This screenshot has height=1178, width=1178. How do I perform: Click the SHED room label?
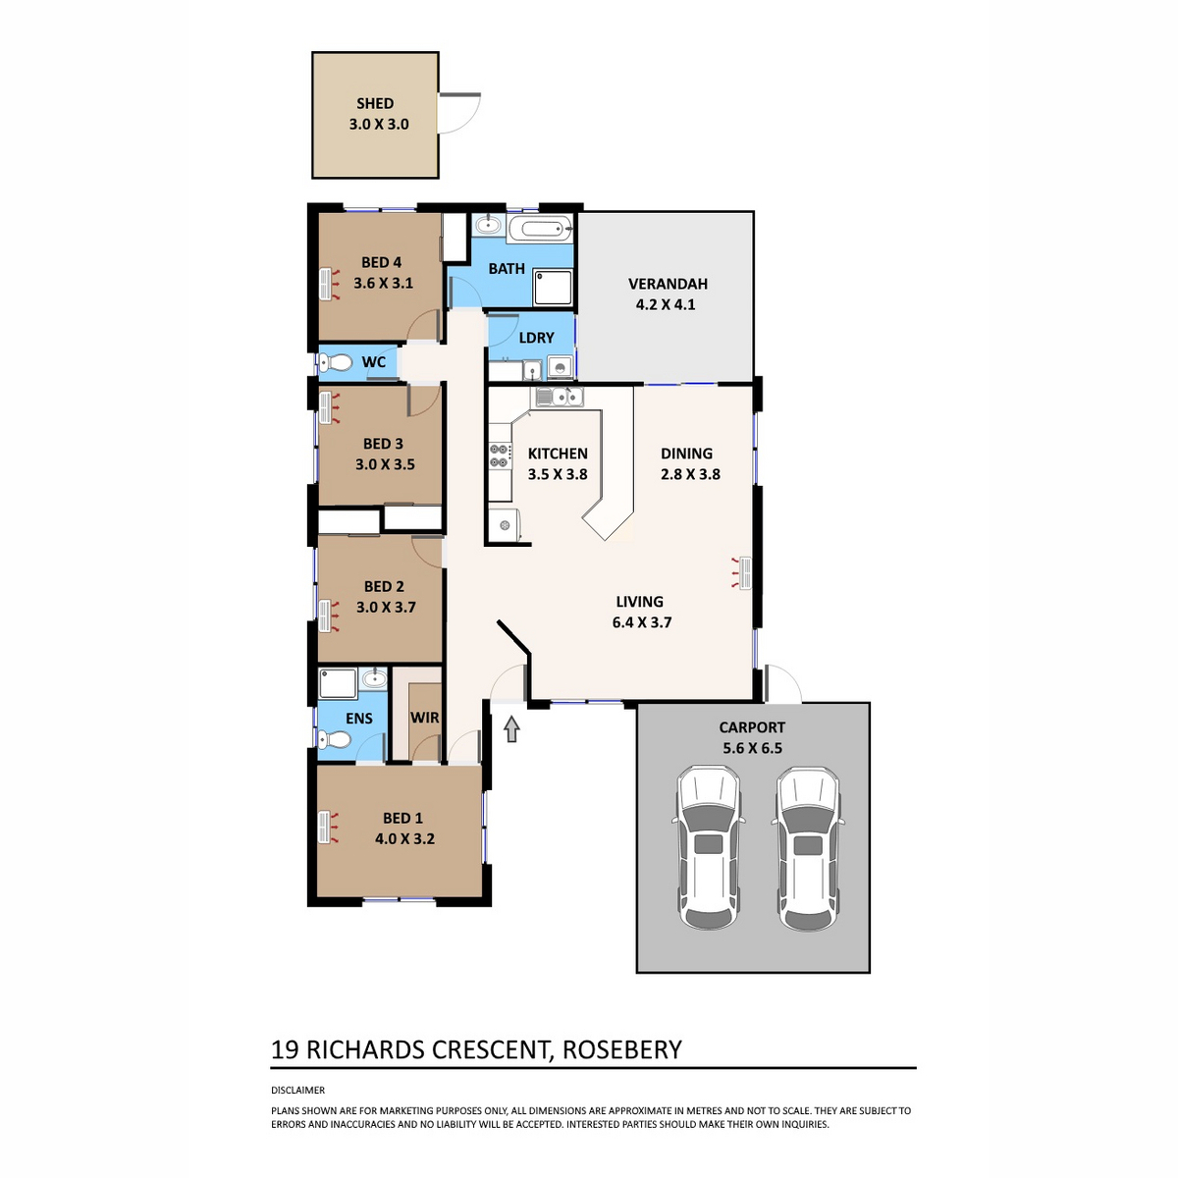click(x=375, y=103)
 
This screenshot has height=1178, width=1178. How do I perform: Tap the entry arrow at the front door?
click(x=511, y=728)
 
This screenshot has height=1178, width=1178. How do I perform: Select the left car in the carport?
click(x=709, y=848)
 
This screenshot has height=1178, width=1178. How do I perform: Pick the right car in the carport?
click(x=808, y=848)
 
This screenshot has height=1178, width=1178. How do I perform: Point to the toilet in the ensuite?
click(x=334, y=740)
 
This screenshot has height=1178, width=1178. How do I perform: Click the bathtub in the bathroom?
click(x=540, y=231)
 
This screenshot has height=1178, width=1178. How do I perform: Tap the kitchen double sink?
click(x=560, y=397)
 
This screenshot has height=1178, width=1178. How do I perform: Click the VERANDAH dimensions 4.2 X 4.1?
click(x=666, y=304)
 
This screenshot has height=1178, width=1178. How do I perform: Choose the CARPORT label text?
click(x=752, y=727)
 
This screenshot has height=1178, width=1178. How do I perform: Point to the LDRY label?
click(x=536, y=338)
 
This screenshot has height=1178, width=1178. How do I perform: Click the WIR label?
click(x=424, y=717)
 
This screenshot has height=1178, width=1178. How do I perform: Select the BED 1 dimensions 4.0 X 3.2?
click(x=404, y=838)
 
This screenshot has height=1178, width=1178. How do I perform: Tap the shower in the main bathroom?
click(x=553, y=287)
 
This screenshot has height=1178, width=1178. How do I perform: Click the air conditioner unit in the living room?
click(x=744, y=572)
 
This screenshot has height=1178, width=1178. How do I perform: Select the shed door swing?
click(x=459, y=113)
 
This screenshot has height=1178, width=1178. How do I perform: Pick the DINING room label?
click(x=686, y=453)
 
